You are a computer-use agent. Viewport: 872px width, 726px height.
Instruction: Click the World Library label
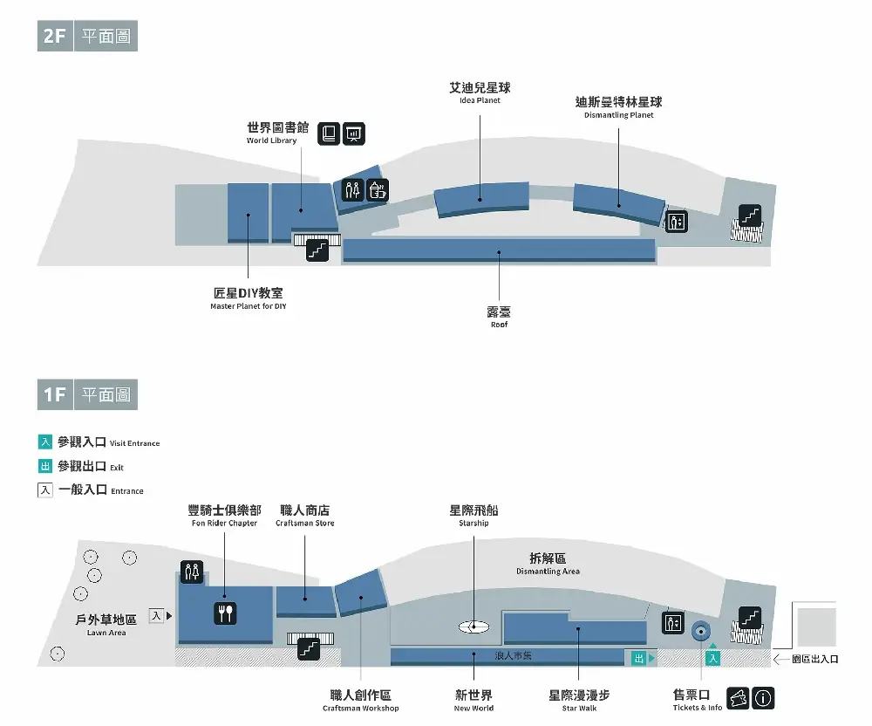coord(277,133)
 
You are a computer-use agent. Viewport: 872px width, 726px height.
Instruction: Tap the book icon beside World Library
coord(329,134)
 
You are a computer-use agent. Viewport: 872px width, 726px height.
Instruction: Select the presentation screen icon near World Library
coord(354,134)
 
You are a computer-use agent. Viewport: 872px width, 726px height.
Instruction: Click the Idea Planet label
coord(480,92)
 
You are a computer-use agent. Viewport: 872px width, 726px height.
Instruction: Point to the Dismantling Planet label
coord(618,106)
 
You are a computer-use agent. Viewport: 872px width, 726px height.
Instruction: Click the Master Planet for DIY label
coord(248,298)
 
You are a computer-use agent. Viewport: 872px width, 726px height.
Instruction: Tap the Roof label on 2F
coord(499,317)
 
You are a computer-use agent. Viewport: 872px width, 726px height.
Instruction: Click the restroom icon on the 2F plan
coord(352,190)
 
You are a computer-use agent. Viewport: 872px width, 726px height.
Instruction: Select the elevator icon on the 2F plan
coord(677,222)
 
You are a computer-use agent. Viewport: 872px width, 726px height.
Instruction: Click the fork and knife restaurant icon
coord(225,613)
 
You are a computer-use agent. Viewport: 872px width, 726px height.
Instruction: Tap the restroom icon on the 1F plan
coord(192,572)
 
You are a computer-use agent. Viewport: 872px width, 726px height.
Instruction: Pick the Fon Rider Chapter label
coord(224,515)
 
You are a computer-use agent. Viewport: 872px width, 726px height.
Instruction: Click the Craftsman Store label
coord(304,515)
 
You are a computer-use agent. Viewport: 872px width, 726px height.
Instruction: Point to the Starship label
coord(473,515)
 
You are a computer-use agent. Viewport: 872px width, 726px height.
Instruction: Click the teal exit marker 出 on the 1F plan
coord(639,659)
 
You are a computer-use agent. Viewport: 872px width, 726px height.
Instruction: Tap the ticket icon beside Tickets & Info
coord(738,698)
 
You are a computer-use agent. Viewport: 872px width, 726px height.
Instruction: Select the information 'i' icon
coord(763,698)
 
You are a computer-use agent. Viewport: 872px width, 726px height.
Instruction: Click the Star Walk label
coord(579,700)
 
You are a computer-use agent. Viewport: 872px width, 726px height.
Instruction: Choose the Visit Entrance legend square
coord(45,442)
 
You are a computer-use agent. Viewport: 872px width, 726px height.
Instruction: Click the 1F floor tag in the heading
coord(55,394)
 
